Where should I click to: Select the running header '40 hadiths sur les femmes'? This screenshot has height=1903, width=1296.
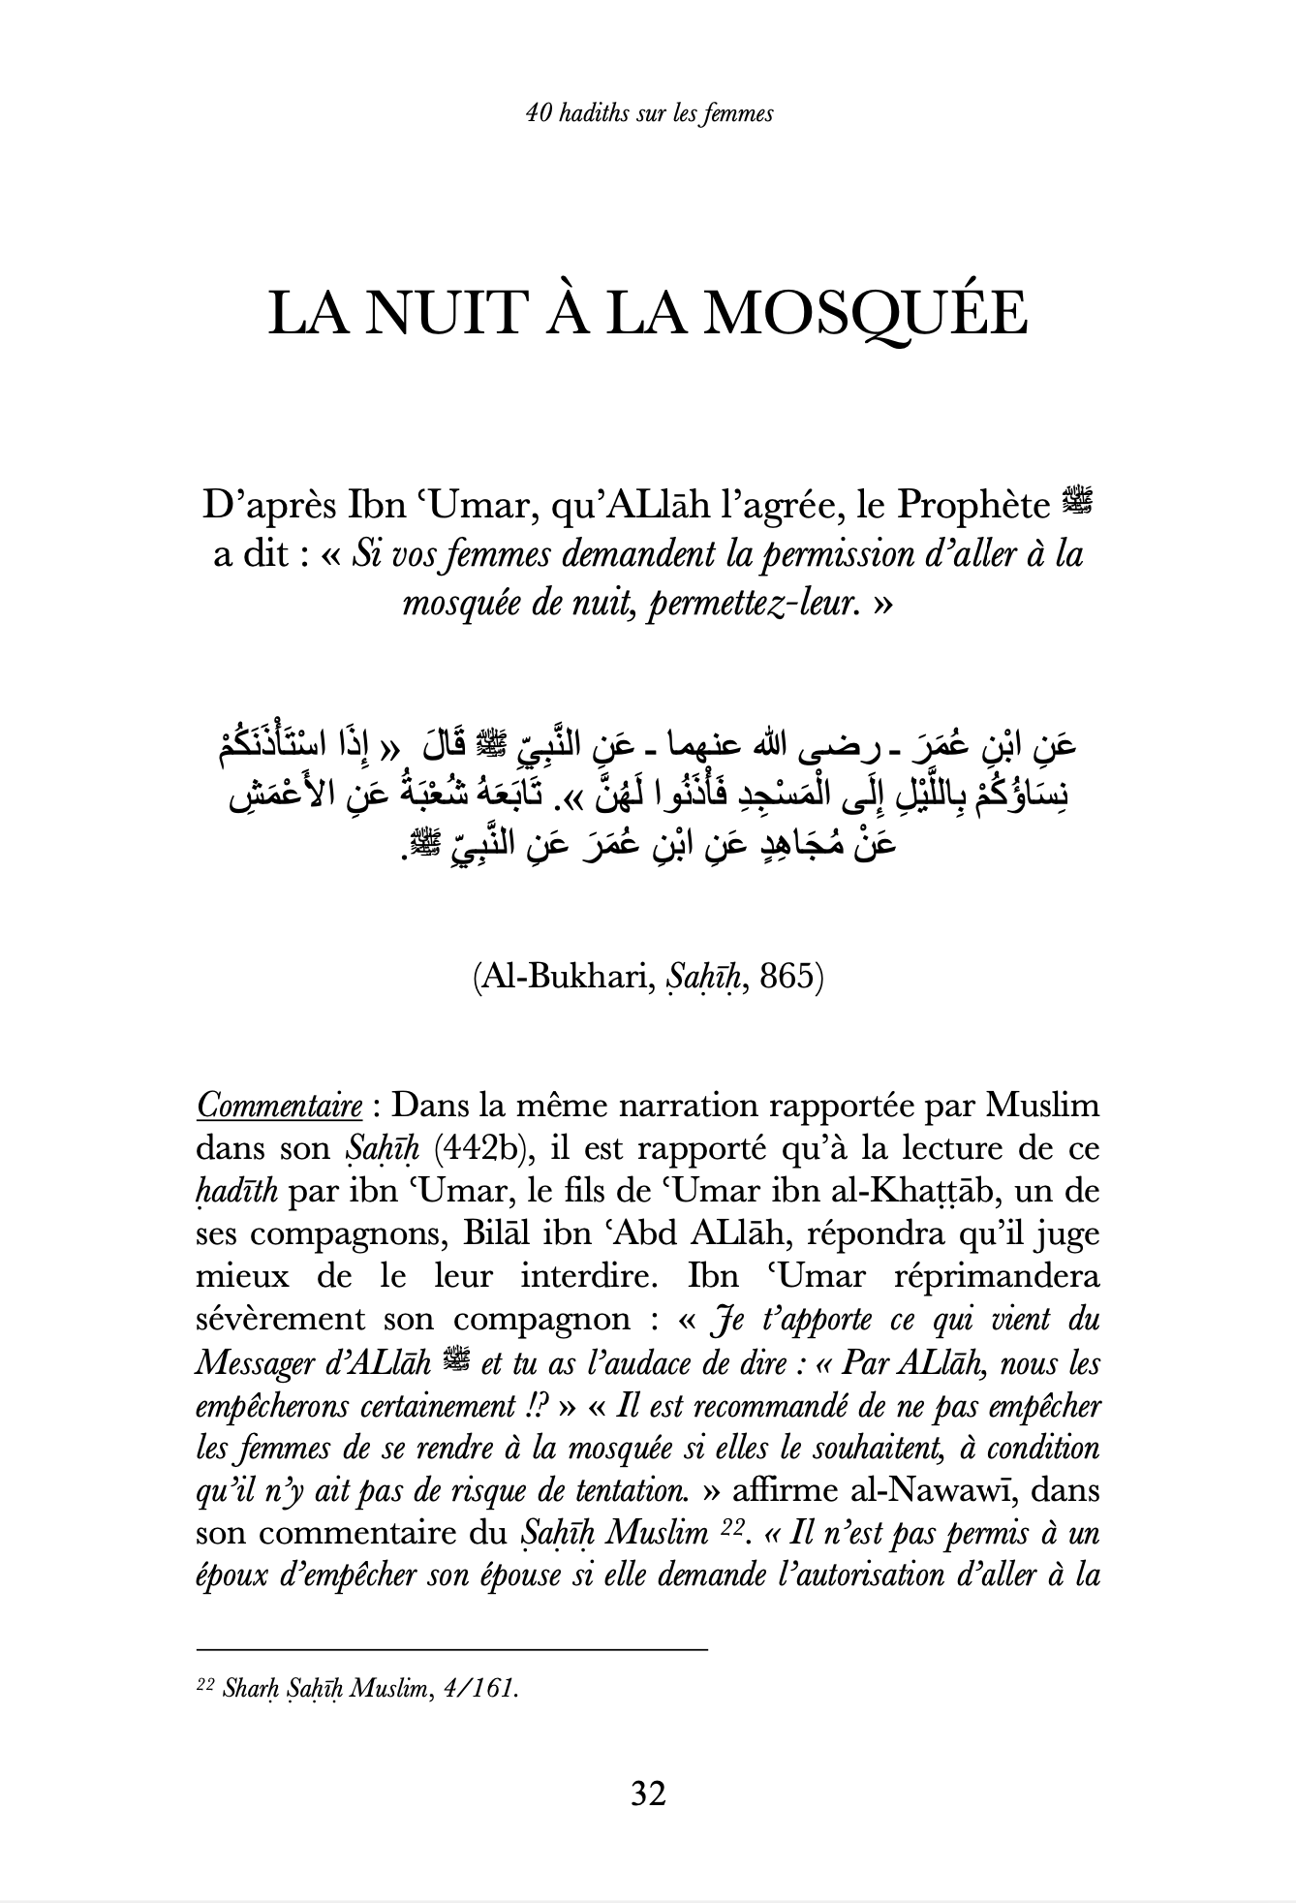[648, 114]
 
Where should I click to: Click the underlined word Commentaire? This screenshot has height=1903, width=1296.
[280, 1106]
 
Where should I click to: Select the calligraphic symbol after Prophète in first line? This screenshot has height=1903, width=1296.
[1076, 503]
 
